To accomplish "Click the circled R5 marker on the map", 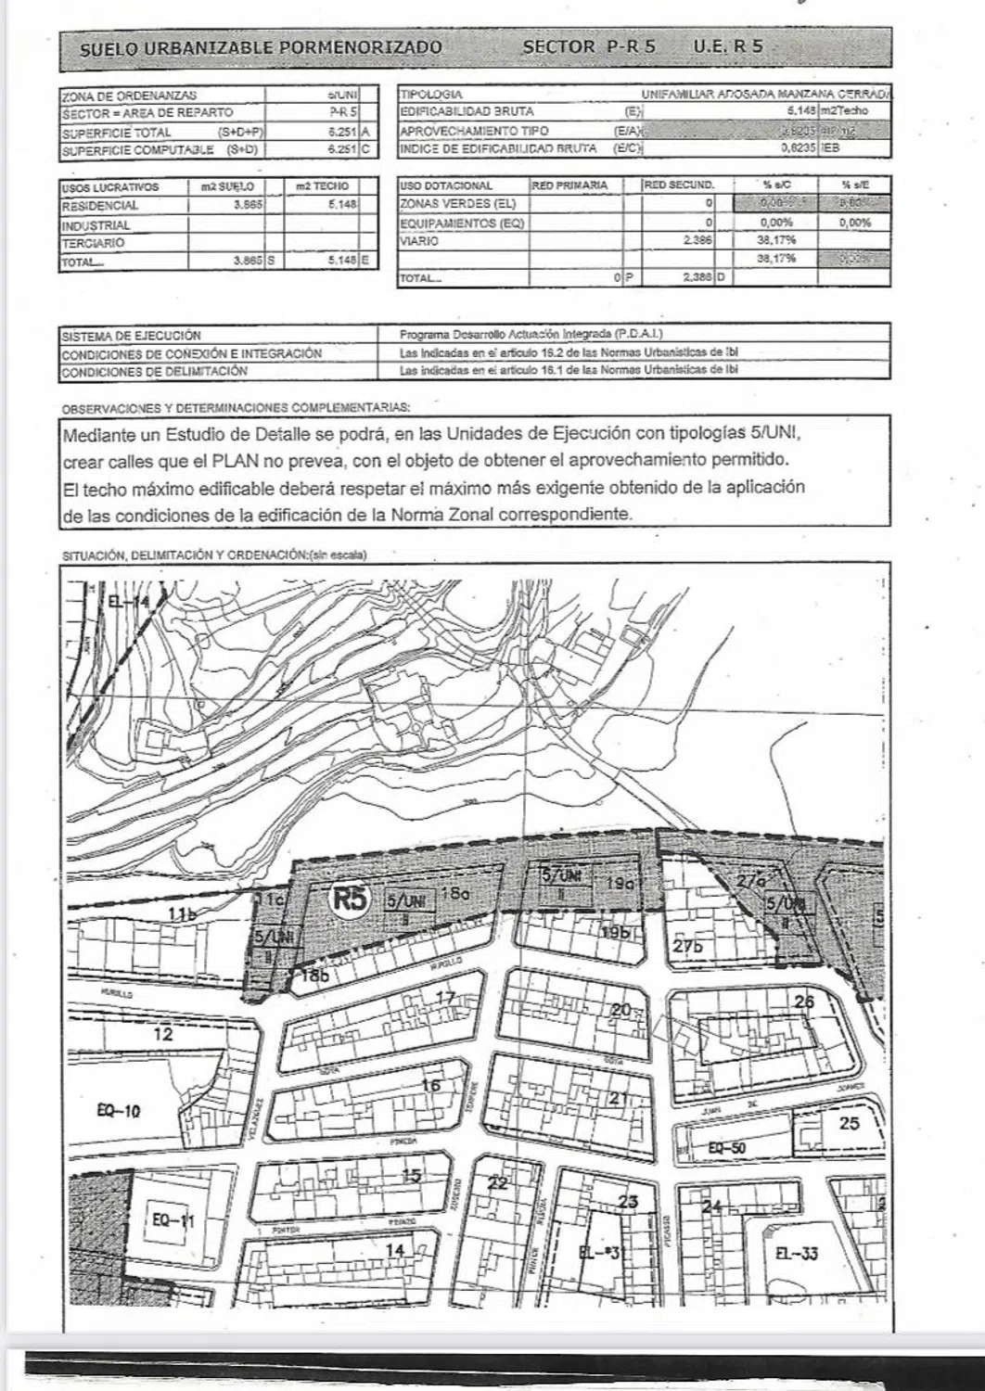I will tap(350, 899).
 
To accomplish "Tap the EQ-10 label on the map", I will tap(119, 1111).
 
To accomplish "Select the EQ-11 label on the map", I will tap(173, 1220).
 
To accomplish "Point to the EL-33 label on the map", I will tap(796, 1254).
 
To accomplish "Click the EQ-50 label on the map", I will tap(726, 1147).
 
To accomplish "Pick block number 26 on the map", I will tap(803, 1002).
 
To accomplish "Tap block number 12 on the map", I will tap(163, 1034).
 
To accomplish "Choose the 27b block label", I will tap(688, 946).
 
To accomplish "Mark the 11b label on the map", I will tap(182, 914).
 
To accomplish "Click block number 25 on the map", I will tap(849, 1123).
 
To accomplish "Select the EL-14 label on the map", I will tap(128, 602).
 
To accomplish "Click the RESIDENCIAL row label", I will tap(100, 206).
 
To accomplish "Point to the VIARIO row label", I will tap(418, 241).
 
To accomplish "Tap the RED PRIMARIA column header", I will tap(569, 185).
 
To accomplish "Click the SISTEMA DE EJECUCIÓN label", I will tap(131, 336).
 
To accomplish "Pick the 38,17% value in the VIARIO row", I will tap(774, 241).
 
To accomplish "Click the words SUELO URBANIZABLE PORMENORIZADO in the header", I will tap(261, 48).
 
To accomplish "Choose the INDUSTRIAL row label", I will tap(96, 225).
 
